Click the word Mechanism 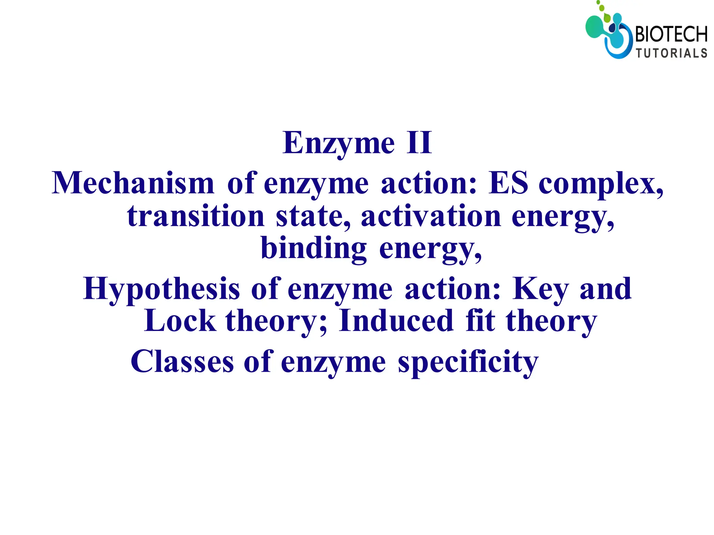click(x=133, y=183)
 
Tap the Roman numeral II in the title click(x=419, y=143)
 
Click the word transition click(x=196, y=216)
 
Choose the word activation click(x=431, y=216)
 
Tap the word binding click(x=314, y=249)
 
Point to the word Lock click(x=180, y=321)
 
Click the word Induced click(x=396, y=321)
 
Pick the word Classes click(x=182, y=362)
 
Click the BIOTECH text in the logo click(x=671, y=35)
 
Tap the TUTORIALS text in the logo click(x=671, y=53)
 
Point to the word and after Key click(x=606, y=289)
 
